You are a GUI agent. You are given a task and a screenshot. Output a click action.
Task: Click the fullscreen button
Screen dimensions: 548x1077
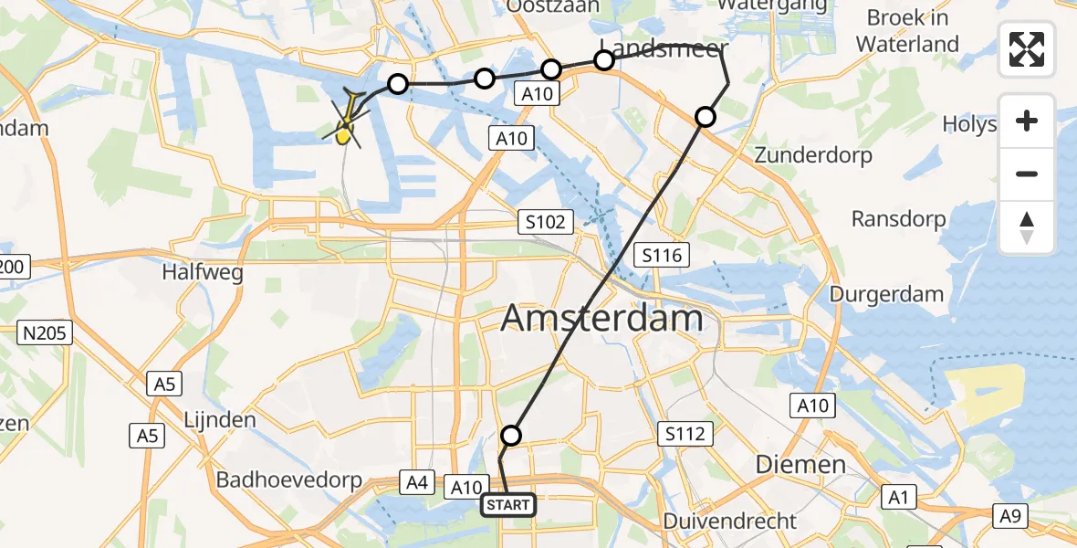tap(1027, 48)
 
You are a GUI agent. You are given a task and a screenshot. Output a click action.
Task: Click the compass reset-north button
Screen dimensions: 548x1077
tap(1027, 227)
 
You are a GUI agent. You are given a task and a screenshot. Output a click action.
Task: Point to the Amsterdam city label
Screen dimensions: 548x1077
tap(602, 319)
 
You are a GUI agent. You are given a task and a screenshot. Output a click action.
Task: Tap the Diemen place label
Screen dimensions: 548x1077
tap(800, 464)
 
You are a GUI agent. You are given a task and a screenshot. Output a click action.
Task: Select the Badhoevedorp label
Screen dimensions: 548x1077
tap(289, 479)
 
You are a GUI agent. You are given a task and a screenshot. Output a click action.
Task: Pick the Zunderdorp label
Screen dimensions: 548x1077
tap(813, 155)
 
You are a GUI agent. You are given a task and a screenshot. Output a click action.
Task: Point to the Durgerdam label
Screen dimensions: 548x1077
tap(886, 294)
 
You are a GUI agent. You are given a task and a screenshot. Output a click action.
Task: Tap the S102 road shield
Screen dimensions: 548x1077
tap(546, 221)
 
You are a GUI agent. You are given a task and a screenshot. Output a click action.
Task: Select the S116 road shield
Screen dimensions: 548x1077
tap(662, 255)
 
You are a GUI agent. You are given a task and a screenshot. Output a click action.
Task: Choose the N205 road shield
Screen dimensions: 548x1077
tap(45, 333)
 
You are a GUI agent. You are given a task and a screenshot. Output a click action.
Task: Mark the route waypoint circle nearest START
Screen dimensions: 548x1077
tap(511, 436)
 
